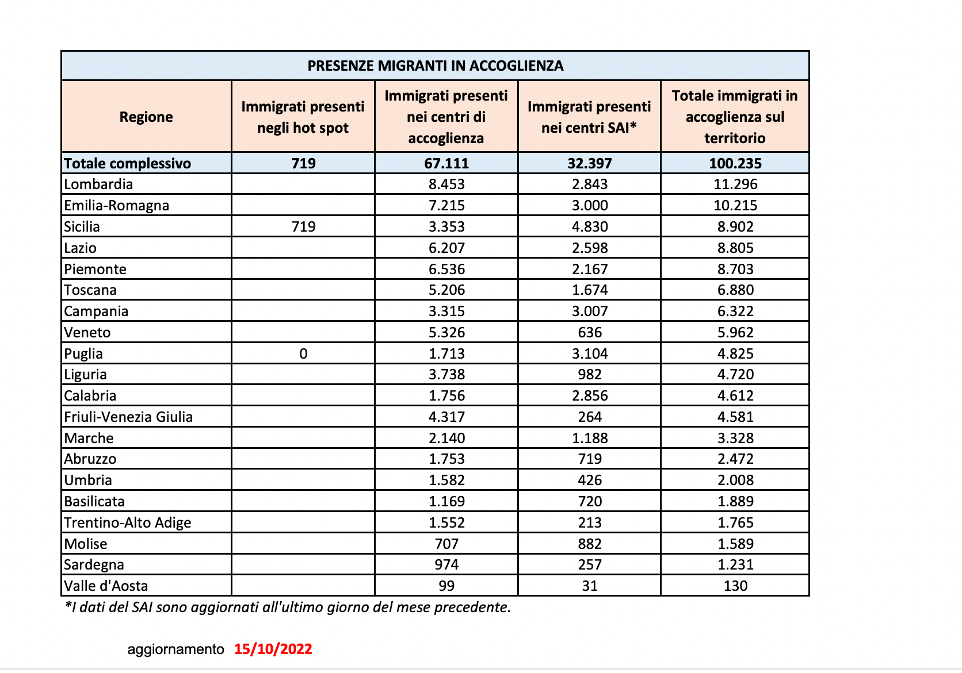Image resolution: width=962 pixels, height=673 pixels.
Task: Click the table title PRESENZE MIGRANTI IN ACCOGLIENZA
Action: [x=435, y=66]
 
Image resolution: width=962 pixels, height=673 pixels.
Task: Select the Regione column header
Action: [x=146, y=117]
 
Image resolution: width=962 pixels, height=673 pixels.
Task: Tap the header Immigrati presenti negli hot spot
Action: [x=303, y=117]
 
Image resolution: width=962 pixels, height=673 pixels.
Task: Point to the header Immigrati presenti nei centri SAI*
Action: [x=589, y=117]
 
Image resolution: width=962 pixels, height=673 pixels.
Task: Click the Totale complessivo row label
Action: [x=127, y=163]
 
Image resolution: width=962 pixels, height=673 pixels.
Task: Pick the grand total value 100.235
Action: [x=735, y=163]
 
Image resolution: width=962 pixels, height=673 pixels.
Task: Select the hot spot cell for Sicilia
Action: [x=303, y=226]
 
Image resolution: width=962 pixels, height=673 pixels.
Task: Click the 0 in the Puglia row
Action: [x=303, y=353]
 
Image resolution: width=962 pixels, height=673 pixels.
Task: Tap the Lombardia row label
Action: [x=98, y=184]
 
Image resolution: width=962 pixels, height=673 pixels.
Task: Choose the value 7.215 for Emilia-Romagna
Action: [x=446, y=206]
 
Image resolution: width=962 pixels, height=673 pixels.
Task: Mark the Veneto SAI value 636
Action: [x=590, y=332]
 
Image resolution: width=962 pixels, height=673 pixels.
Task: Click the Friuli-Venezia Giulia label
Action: [x=128, y=417]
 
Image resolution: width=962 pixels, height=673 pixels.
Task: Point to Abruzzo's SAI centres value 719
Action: [x=590, y=459]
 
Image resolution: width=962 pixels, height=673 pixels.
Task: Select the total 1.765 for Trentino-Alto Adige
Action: [x=735, y=522]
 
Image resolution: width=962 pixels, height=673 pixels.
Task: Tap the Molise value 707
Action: [x=446, y=544]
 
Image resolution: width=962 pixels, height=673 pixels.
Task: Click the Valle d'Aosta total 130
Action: [x=735, y=586]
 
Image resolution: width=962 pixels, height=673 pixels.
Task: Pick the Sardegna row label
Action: [x=94, y=564]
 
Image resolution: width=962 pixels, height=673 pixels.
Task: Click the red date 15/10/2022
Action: [x=273, y=649]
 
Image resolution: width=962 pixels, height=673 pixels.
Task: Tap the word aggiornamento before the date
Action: [x=175, y=649]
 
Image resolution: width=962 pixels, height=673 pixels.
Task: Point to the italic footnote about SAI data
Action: [x=288, y=607]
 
